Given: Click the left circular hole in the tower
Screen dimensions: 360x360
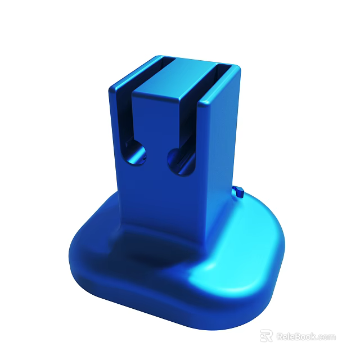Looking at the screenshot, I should click(x=135, y=153).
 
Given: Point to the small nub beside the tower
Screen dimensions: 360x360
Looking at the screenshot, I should click(x=238, y=192).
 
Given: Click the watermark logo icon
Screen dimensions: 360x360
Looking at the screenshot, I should click(x=266, y=336).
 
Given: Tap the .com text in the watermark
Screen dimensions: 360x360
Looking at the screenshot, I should click(x=327, y=336).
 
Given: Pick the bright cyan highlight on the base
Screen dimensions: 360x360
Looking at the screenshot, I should click(x=225, y=276).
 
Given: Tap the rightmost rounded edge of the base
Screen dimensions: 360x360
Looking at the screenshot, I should click(x=283, y=247).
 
